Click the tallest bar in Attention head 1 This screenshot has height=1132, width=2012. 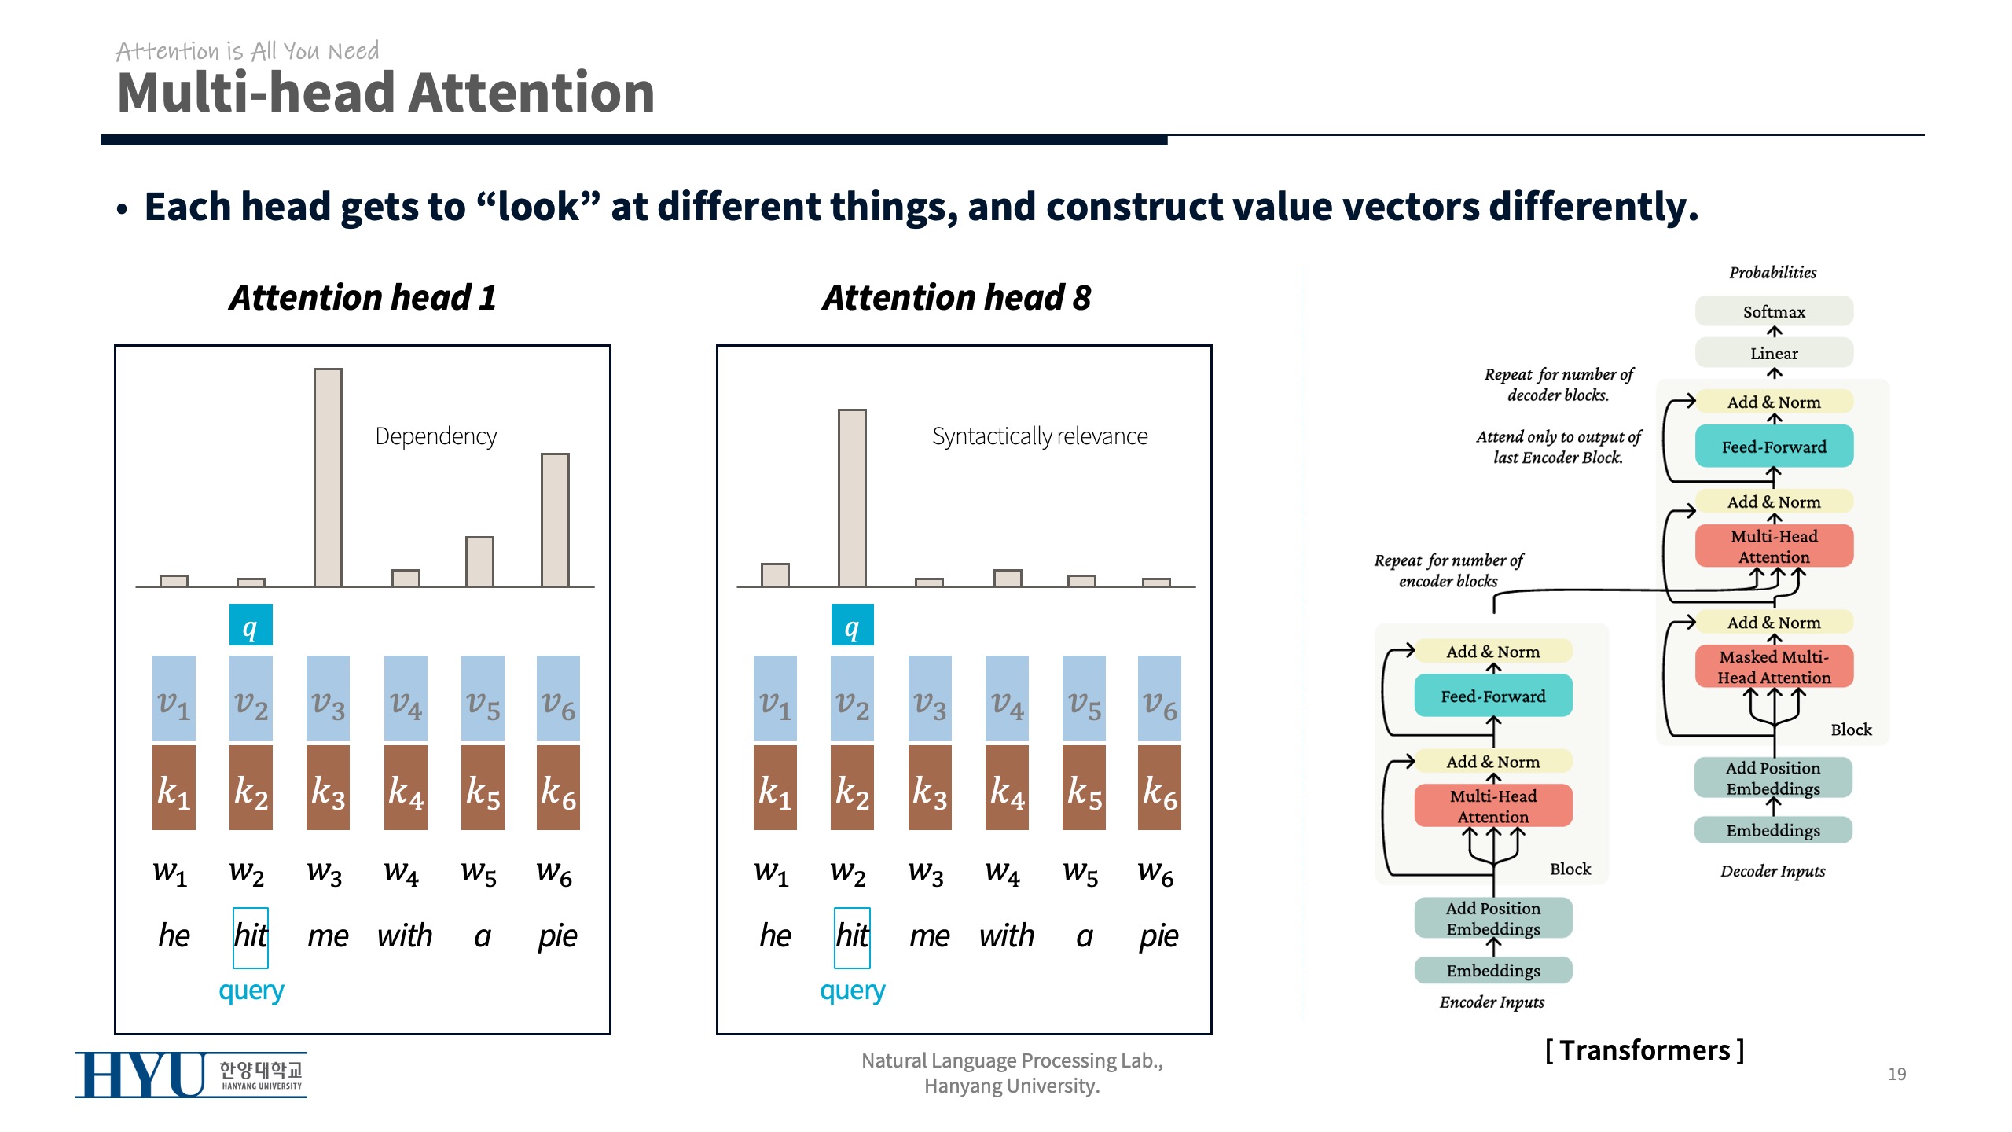click(328, 477)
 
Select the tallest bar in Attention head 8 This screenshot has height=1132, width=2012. click(852, 498)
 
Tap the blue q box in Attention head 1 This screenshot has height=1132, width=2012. click(251, 625)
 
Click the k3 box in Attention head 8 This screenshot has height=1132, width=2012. click(929, 788)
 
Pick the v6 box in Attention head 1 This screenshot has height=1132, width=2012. click(558, 698)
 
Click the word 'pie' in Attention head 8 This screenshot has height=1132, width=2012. click(1158, 935)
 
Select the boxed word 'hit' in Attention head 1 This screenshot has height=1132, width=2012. click(251, 936)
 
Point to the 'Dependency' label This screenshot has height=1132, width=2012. click(435, 436)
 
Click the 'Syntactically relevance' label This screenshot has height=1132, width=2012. click(1039, 436)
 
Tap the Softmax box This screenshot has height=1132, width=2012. click(1773, 311)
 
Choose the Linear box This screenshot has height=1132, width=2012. click(1773, 353)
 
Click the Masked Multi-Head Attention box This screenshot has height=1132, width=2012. click(1773, 667)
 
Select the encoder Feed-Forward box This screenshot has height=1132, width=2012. click(1492, 696)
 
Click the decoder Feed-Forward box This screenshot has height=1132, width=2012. click(1773, 447)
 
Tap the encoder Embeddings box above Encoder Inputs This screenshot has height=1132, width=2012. click(1492, 970)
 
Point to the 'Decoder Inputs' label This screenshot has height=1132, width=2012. click(1772, 871)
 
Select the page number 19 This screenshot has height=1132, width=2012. click(1896, 1074)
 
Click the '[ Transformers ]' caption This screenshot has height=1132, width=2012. click(1644, 1050)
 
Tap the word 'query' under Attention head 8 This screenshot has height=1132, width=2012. click(852, 990)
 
